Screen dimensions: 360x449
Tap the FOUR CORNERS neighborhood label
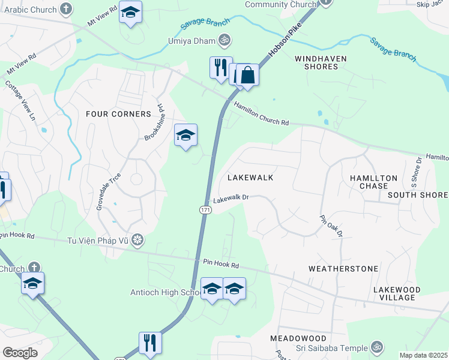(118, 114)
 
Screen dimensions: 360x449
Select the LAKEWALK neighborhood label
(250, 178)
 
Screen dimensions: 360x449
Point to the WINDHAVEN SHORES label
(316, 62)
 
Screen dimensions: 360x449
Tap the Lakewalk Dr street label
(231, 197)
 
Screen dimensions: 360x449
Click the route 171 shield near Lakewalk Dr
(204, 208)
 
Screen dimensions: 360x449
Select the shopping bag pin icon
(248, 76)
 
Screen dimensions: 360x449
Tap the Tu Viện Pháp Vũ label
(98, 241)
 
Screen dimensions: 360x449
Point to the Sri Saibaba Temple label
(331, 348)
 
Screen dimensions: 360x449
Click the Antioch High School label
(166, 293)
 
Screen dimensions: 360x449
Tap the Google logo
(19, 352)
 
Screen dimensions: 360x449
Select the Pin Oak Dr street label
(331, 225)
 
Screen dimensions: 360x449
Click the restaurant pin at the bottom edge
(149, 343)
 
